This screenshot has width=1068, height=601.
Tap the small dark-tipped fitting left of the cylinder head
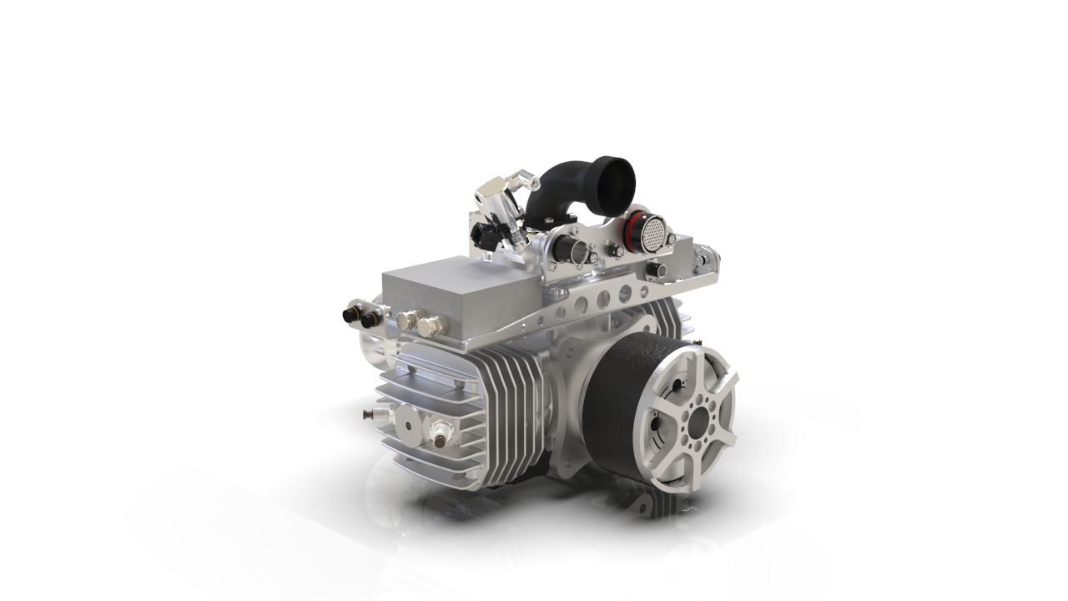pyautogui.click(x=367, y=413)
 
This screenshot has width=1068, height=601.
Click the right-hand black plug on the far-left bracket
pyautogui.click(x=365, y=318)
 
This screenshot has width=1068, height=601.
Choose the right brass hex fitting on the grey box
pyautogui.click(x=429, y=326)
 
